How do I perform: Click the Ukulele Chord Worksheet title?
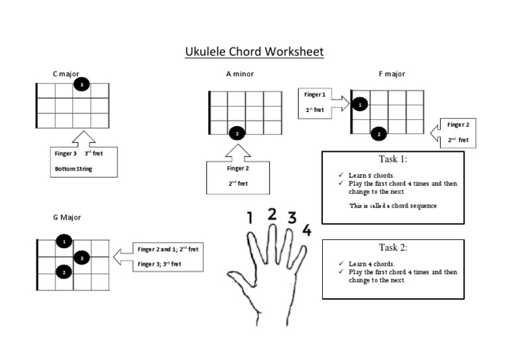click(254, 51)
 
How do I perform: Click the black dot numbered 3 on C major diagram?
click(82, 85)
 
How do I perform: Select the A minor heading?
click(240, 74)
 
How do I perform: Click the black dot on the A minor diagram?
click(237, 133)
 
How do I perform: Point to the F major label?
click(392, 74)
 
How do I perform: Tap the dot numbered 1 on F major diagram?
click(359, 105)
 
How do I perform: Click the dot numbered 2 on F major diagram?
click(378, 134)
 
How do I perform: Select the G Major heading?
click(67, 217)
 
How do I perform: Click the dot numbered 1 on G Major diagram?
click(64, 242)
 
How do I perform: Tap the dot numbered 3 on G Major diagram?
click(82, 257)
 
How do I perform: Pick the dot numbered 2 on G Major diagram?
click(64, 272)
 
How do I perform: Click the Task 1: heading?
click(392, 159)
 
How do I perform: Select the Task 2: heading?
click(392, 247)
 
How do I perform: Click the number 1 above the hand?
click(250, 218)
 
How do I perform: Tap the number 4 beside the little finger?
click(306, 230)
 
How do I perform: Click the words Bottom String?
click(74, 169)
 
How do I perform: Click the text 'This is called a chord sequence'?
click(392, 206)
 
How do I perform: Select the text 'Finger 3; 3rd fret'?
click(159, 264)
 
